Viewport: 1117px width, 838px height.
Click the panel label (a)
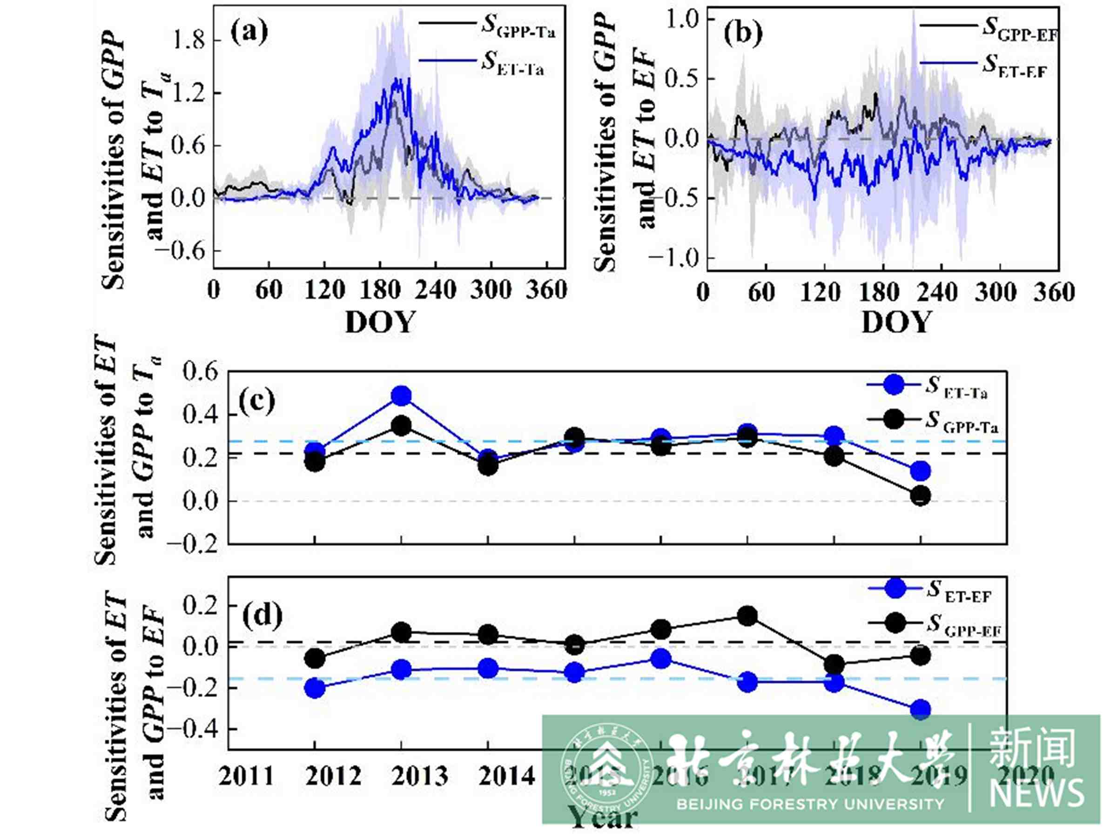coord(249,32)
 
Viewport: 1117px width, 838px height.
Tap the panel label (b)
coord(743,34)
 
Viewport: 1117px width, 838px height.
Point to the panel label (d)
coord(262,616)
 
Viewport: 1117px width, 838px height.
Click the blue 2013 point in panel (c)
coord(401,396)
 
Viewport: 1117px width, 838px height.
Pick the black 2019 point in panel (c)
coord(920,496)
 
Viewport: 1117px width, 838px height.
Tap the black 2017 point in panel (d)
coord(747,616)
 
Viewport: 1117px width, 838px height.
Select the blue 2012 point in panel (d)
coord(315,688)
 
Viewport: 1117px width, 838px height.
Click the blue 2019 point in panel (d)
coord(920,710)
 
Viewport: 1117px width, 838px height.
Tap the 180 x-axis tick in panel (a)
coord(380,291)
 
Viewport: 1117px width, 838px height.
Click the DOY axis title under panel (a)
coord(380,322)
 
